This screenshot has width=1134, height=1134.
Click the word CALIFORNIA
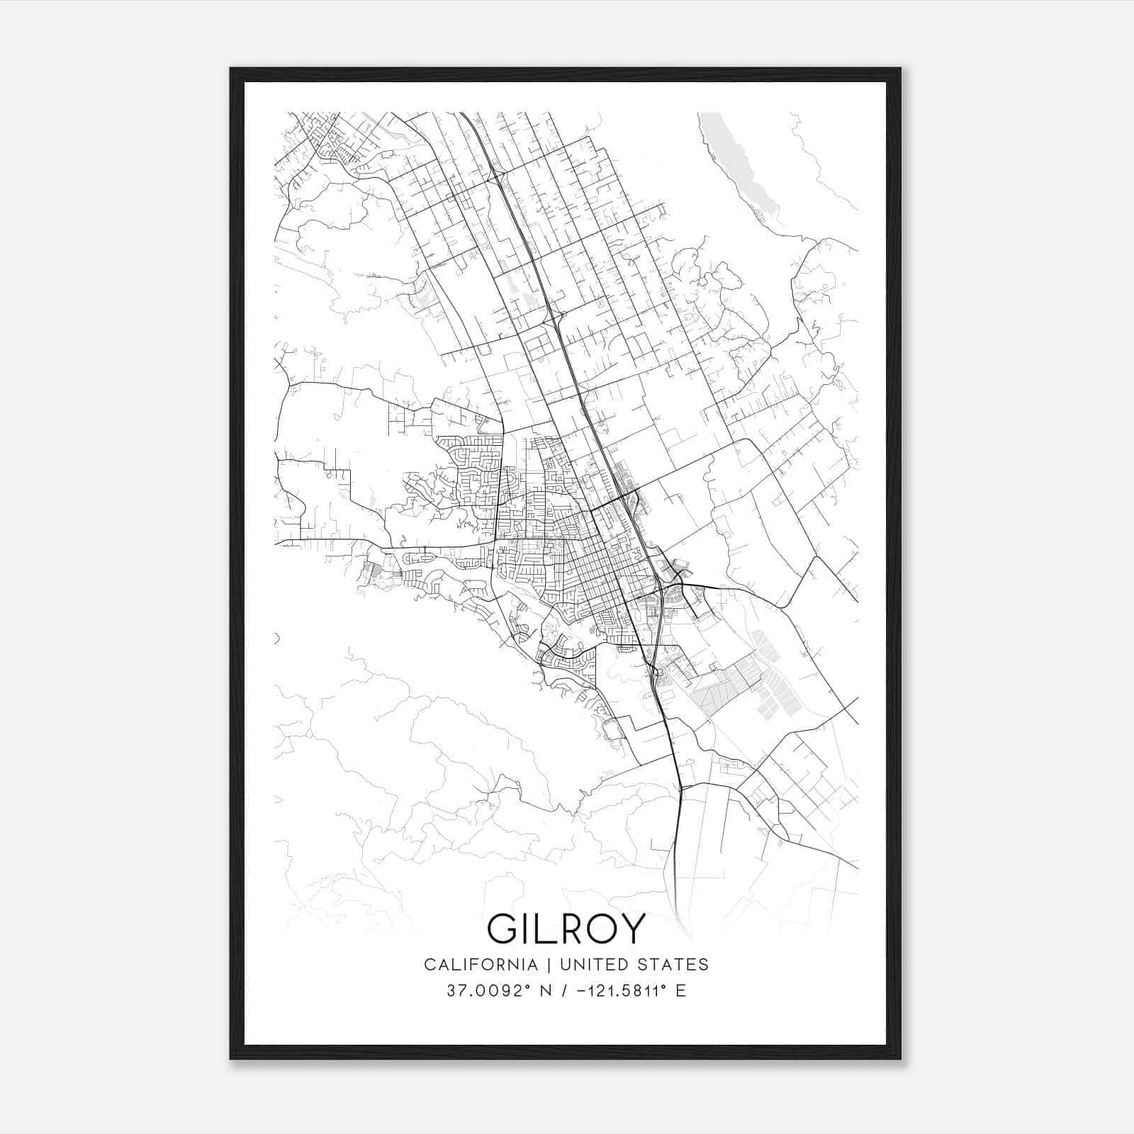point(480,964)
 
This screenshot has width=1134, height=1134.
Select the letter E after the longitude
point(680,991)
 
